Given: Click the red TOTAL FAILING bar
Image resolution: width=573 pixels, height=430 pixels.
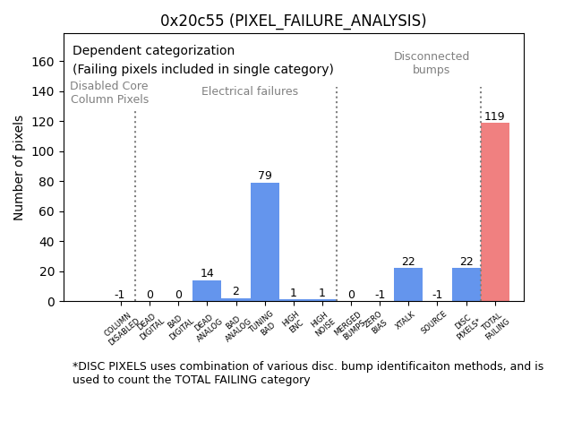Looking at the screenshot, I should [495, 212].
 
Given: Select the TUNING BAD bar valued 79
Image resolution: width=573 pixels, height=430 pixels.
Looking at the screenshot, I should [265, 242].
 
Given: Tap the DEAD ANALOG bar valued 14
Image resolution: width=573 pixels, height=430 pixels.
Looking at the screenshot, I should [207, 291].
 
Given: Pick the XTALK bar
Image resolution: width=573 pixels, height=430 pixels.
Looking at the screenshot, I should [408, 285].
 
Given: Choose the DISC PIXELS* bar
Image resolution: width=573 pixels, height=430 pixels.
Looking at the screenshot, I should [466, 285].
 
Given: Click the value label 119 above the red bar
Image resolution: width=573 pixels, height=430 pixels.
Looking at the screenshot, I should [495, 116].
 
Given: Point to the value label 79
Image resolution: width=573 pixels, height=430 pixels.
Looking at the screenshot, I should [265, 176].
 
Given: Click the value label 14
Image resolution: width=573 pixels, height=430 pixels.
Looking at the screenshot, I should [207, 273].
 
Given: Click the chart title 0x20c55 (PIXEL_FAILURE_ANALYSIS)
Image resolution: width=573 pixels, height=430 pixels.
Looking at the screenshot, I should [294, 21].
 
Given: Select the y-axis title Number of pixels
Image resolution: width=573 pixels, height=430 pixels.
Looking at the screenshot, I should [20, 168].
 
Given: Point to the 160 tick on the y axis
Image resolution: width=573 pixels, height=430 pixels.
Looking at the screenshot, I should [43, 62].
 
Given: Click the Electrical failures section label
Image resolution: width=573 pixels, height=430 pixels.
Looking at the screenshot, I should [250, 91].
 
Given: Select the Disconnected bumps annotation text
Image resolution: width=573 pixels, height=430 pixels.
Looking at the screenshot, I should [432, 63].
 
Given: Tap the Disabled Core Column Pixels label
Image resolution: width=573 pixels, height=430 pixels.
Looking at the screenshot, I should [109, 92].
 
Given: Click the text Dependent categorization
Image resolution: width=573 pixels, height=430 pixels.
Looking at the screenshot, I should [153, 51].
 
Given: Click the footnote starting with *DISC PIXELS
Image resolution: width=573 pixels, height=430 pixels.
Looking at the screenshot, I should [307, 373].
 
